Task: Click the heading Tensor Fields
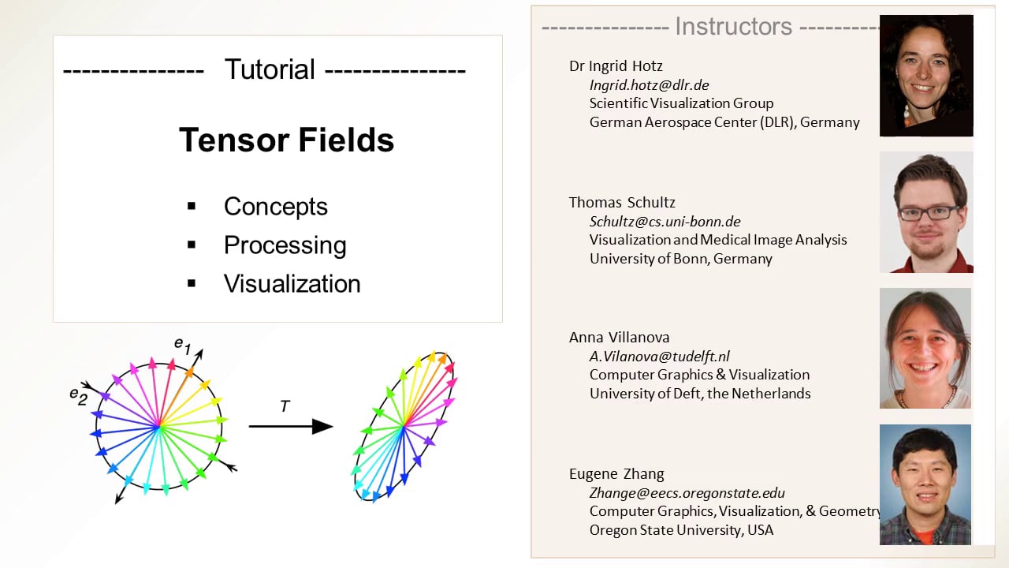(286, 140)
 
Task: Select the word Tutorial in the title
(270, 69)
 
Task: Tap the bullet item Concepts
(275, 207)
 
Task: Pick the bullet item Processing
(285, 245)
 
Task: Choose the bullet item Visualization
(292, 284)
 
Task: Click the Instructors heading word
(733, 27)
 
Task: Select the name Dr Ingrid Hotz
(616, 65)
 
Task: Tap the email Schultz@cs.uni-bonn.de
(665, 221)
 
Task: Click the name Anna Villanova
(619, 337)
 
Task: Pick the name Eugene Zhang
(616, 473)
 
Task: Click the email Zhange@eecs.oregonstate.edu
(687, 493)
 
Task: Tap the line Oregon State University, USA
(681, 529)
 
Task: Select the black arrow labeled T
(290, 427)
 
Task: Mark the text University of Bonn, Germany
(680, 258)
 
